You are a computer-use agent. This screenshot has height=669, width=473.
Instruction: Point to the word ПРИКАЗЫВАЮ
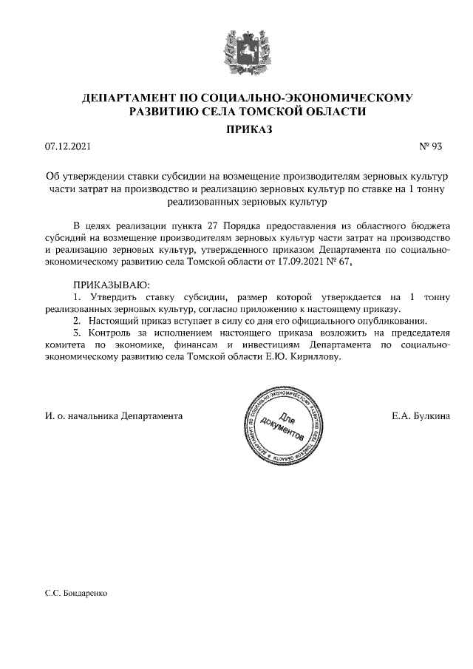[111, 284]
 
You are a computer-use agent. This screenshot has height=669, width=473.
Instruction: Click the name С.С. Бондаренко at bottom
[76, 593]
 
